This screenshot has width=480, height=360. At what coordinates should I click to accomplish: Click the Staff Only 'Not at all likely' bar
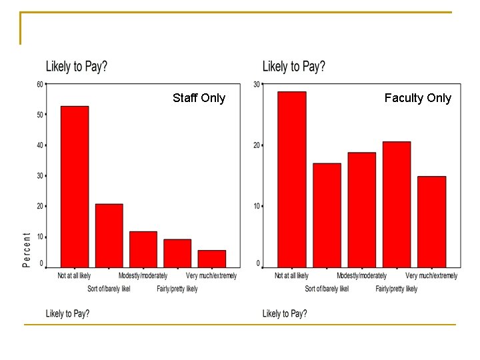[75, 187]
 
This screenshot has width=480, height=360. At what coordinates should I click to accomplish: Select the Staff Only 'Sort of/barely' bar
[109, 236]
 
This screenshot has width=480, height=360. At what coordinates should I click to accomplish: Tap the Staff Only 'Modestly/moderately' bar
[143, 249]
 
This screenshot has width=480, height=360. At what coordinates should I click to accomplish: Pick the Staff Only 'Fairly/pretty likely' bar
[177, 253]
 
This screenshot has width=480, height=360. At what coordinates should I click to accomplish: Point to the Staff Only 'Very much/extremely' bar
[212, 259]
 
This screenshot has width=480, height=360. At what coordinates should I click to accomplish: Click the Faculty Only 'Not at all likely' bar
[292, 179]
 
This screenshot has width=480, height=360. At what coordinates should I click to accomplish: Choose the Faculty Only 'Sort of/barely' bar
[327, 215]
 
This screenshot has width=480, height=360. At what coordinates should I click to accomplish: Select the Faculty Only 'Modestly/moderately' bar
[362, 210]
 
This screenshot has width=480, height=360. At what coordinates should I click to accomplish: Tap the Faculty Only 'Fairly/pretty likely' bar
[397, 205]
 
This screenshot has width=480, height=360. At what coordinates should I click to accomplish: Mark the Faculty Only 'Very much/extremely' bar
[431, 222]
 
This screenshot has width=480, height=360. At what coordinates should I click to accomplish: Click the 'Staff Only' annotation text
[199, 98]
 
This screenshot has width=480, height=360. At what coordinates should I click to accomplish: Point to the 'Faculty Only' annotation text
[418, 98]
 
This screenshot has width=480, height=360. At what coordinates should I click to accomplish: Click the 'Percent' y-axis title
[27, 250]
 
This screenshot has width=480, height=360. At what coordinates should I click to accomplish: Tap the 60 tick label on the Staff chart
[40, 84]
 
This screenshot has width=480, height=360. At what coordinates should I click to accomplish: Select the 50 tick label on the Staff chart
[40, 115]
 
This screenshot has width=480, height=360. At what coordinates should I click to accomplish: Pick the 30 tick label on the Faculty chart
[257, 84]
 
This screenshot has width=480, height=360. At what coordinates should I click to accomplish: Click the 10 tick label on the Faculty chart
[257, 206]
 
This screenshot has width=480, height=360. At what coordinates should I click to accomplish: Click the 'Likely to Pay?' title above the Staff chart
[77, 66]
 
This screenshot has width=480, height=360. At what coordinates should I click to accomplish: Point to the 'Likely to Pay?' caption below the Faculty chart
[285, 313]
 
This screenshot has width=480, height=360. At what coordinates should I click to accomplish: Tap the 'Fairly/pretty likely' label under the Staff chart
[177, 289]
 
